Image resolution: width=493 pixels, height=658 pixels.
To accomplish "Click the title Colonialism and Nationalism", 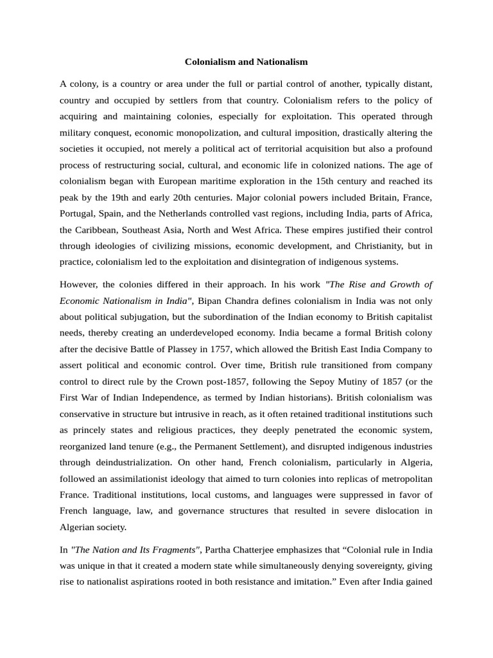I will coord(246,62).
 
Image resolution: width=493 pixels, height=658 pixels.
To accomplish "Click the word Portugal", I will coord(78,213).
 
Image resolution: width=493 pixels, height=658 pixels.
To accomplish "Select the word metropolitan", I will coord(403,478).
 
